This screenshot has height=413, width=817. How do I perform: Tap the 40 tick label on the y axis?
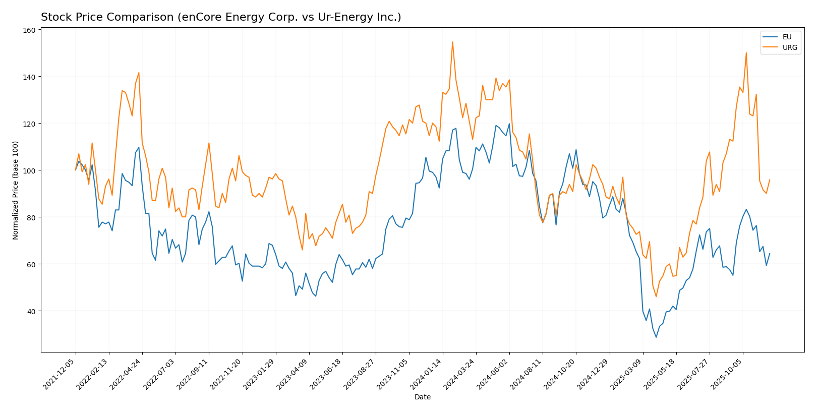point(31,311)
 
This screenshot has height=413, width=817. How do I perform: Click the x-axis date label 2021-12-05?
point(60,374)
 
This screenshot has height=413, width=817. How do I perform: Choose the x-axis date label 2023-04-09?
point(293,374)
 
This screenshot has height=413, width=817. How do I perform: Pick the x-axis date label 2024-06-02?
point(493,374)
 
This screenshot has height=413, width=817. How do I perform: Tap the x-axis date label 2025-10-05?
point(726,374)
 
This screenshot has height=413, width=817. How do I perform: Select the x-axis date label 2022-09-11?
point(193,374)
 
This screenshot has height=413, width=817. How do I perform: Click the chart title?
point(221,17)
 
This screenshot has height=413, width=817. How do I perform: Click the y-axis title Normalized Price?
point(16,190)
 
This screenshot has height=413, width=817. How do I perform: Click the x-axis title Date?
point(422,397)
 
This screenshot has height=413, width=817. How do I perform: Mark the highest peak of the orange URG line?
point(452,42)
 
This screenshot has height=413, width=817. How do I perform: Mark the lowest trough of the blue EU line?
point(656,337)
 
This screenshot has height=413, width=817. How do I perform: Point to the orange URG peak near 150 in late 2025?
point(746,53)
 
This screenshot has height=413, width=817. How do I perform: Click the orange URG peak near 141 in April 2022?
point(139,73)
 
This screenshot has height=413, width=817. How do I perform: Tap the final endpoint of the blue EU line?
point(770,254)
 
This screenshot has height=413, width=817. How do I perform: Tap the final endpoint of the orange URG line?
point(770,180)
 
